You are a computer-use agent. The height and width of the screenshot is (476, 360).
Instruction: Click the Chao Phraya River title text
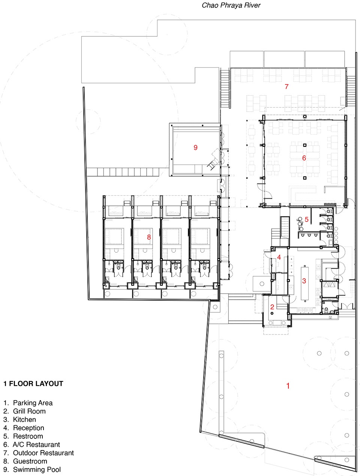click(231, 5)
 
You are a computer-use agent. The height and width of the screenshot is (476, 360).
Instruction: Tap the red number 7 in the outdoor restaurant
click(286, 86)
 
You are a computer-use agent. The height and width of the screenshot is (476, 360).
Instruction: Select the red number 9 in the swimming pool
click(195, 148)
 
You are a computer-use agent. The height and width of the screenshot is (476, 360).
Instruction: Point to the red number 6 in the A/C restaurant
click(304, 158)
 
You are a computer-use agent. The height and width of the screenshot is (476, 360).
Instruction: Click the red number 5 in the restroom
click(306, 219)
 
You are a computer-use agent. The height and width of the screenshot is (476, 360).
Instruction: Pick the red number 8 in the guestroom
click(149, 237)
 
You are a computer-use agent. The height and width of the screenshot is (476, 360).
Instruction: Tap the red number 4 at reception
click(279, 257)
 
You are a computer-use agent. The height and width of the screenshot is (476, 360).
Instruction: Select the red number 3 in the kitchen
click(304, 281)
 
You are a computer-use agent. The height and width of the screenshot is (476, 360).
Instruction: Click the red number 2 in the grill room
click(272, 307)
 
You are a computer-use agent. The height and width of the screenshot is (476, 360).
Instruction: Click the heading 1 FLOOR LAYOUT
click(33, 384)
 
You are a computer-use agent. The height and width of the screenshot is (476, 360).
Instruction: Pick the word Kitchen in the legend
click(24, 419)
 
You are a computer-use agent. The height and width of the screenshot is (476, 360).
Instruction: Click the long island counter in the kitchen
click(304, 283)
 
